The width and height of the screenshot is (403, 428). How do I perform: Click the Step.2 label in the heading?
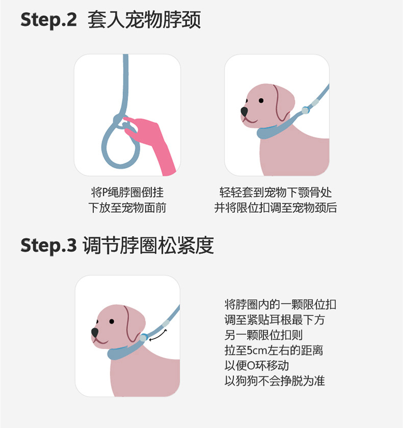(48, 20)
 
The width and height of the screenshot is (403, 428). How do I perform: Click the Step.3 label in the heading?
(48, 245)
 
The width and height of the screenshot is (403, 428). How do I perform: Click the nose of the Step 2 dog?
(244, 111)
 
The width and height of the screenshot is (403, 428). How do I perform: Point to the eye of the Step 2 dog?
(261, 100)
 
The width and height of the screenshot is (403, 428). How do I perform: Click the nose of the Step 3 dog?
(95, 332)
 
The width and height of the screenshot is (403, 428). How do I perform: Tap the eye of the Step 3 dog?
(112, 321)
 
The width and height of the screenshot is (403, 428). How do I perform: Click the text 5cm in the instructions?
(257, 350)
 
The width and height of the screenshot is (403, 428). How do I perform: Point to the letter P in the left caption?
(105, 193)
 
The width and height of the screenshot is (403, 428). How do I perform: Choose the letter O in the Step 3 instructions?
(250, 366)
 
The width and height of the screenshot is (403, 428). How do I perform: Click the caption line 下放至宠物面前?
(127, 208)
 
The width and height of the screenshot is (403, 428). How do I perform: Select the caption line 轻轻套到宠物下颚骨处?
(275, 192)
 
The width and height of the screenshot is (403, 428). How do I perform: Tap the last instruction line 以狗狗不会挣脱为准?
(274, 381)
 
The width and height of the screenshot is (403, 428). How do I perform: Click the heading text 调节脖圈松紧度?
(148, 245)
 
